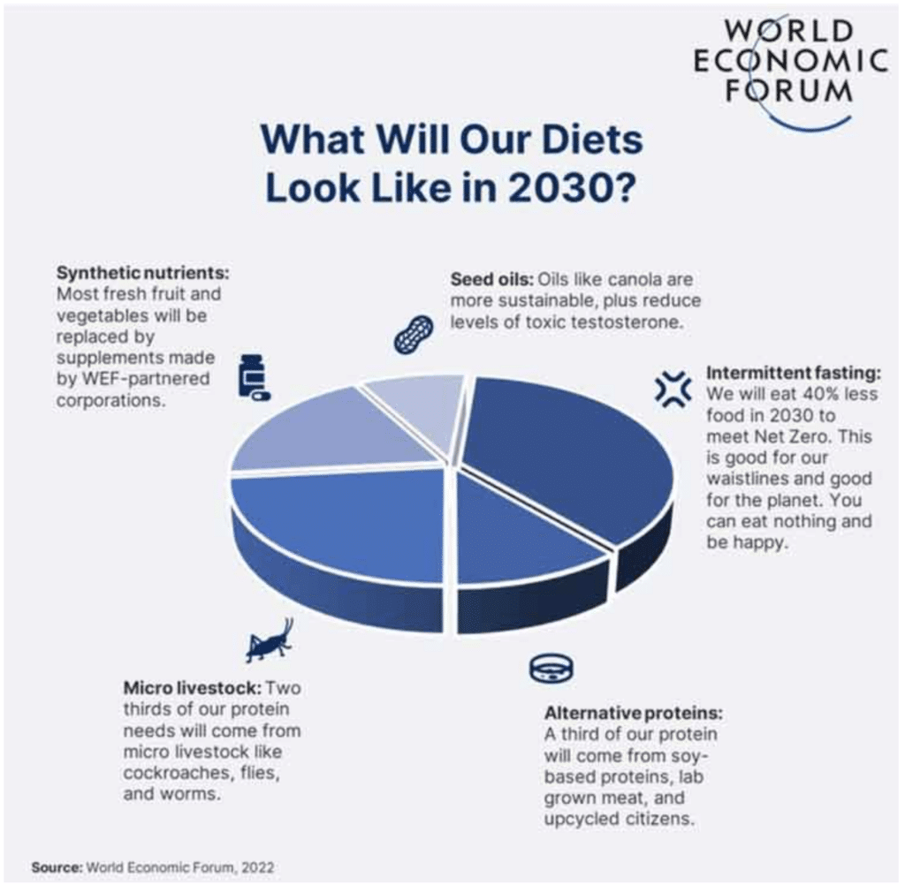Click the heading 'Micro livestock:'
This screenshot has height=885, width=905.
[192, 687]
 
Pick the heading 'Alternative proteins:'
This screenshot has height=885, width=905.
[634, 713]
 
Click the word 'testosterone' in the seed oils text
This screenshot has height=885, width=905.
[635, 322]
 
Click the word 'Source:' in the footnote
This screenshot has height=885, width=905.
[57, 866]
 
